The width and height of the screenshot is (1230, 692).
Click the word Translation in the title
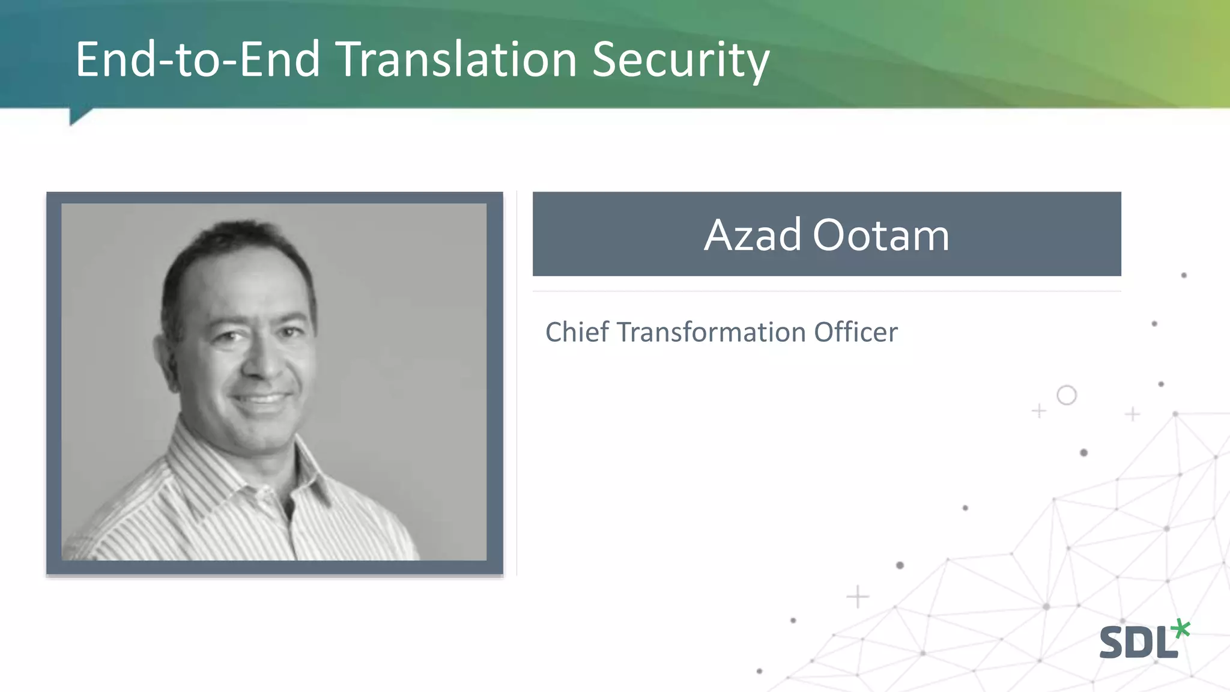tap(456, 60)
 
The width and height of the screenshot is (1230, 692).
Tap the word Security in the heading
tap(680, 60)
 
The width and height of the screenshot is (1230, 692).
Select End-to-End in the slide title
tap(198, 60)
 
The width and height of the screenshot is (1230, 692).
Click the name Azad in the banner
tap(753, 235)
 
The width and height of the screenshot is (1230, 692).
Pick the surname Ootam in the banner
tap(880, 235)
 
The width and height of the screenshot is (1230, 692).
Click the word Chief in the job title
tap(577, 332)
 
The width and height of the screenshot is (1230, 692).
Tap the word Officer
tap(856, 332)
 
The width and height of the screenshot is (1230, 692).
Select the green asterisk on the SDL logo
tap(1181, 629)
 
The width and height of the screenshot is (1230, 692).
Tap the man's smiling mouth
tap(261, 399)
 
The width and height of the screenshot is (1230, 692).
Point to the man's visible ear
tap(163, 354)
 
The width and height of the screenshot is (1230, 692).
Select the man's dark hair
tap(234, 240)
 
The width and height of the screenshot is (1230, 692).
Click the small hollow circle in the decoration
tap(1067, 395)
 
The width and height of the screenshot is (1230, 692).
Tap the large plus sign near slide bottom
tap(857, 596)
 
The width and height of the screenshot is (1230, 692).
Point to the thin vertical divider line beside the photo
tap(517, 384)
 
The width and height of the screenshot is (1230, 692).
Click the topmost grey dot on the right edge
tap(1184, 275)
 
